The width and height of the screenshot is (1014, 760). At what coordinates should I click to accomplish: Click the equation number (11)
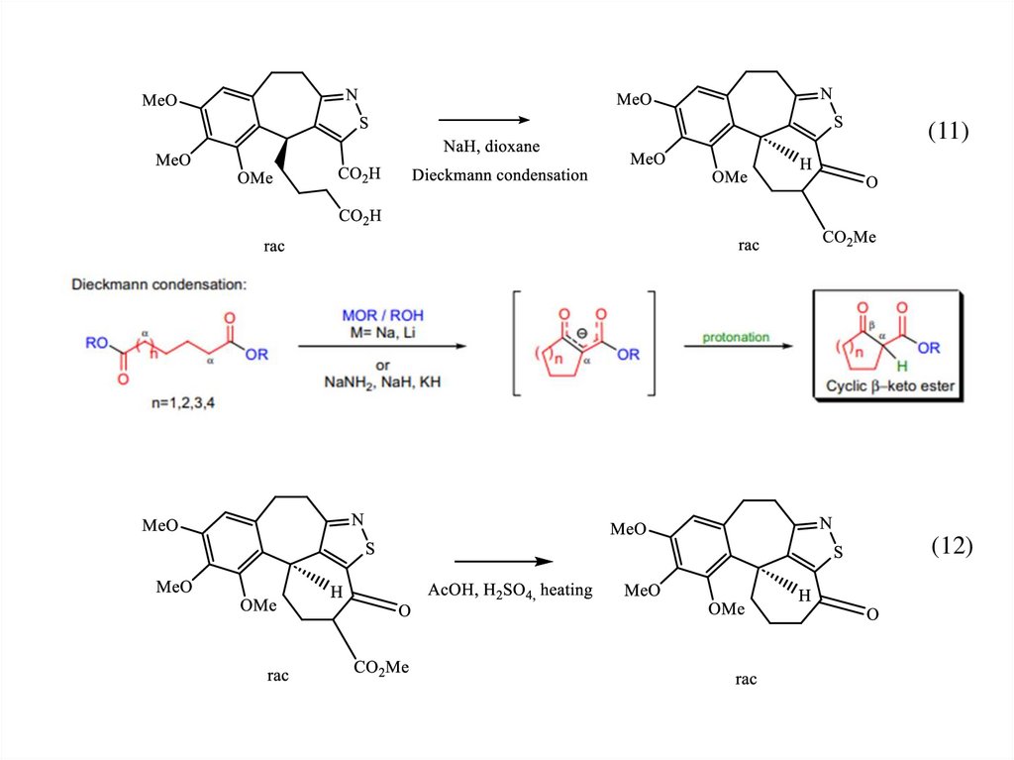point(948,132)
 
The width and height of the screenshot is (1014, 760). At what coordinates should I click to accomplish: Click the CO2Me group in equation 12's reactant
point(381,667)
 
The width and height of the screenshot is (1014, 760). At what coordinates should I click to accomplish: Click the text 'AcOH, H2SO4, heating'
point(509,591)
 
